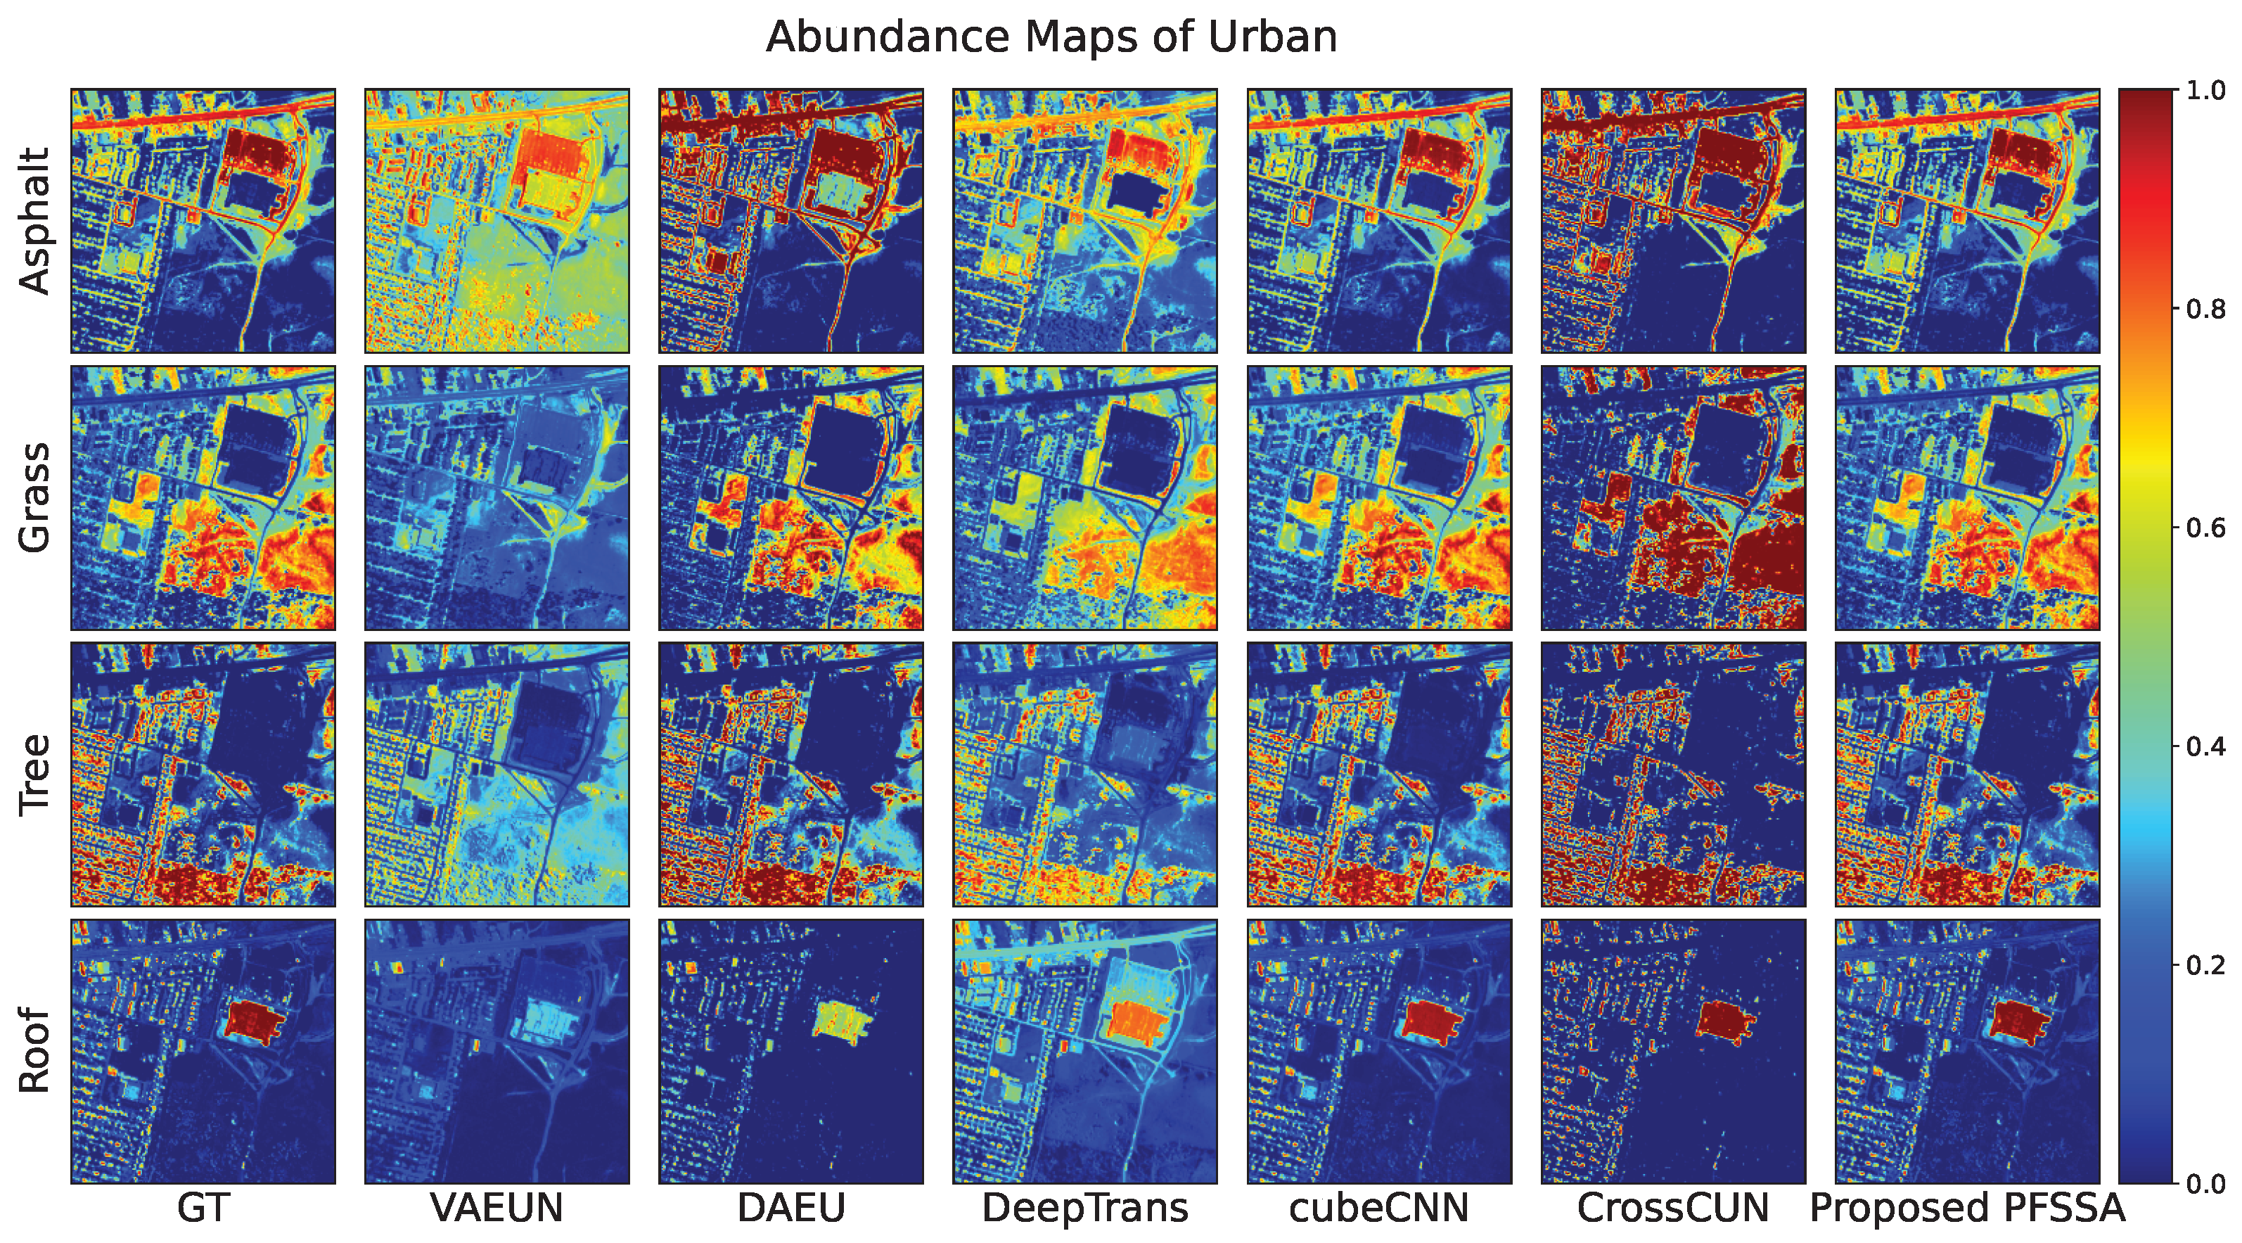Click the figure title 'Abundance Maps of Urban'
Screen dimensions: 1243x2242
(1051, 37)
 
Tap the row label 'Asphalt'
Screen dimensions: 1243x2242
(35, 220)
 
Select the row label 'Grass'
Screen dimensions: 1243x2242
(35, 497)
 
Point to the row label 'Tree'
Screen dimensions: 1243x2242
(35, 775)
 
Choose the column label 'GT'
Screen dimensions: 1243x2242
(203, 1209)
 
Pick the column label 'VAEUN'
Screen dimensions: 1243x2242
(497, 1209)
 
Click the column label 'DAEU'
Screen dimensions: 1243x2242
(790, 1209)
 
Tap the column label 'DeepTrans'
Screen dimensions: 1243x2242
(1084, 1209)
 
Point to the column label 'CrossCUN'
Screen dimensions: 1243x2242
(1673, 1209)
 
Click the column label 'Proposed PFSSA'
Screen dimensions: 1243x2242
(1967, 1209)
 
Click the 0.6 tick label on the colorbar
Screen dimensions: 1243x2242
(2205, 528)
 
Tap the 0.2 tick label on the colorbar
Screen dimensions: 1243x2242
(2205, 964)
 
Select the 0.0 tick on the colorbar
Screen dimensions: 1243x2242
(2205, 1183)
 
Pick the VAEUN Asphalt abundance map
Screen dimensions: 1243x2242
(497, 220)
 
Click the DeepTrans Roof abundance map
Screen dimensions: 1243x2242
(1084, 1051)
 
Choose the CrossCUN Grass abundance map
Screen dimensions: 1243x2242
(1673, 497)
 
